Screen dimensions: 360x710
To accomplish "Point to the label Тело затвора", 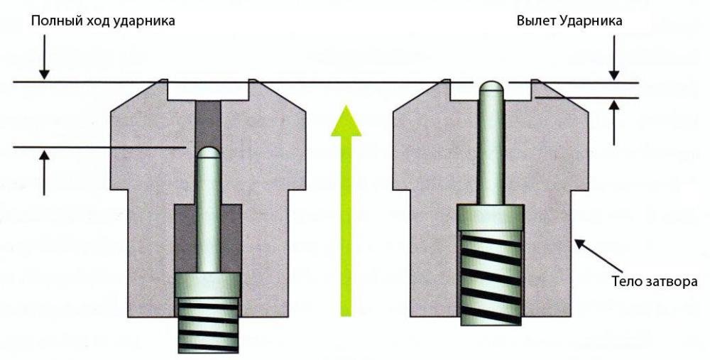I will click(x=654, y=281).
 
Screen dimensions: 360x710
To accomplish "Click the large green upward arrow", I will click(x=346, y=206).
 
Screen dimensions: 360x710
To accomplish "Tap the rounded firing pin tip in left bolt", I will click(x=208, y=154).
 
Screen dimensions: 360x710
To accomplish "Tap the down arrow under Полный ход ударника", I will click(x=44, y=64).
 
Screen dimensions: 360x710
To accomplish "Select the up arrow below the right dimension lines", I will click(x=615, y=121).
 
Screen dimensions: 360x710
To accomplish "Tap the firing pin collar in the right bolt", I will click(x=491, y=219).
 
